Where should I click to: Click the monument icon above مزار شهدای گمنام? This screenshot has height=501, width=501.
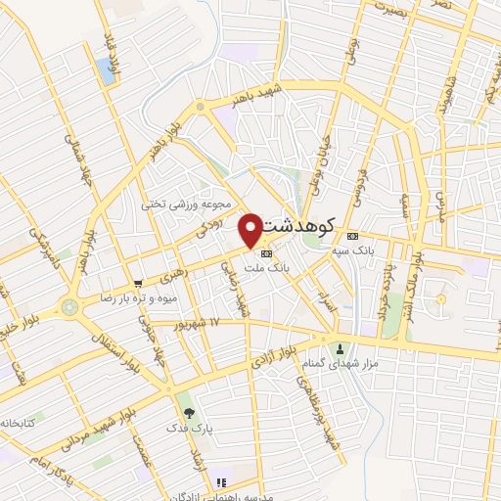pyautogui.click(x=341, y=348)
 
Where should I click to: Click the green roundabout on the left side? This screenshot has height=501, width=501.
pyautogui.click(x=69, y=306)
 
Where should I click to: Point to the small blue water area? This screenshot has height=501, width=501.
pyautogui.click(x=104, y=69)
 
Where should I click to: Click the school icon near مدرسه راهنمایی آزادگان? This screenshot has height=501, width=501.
pyautogui.click(x=222, y=482)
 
